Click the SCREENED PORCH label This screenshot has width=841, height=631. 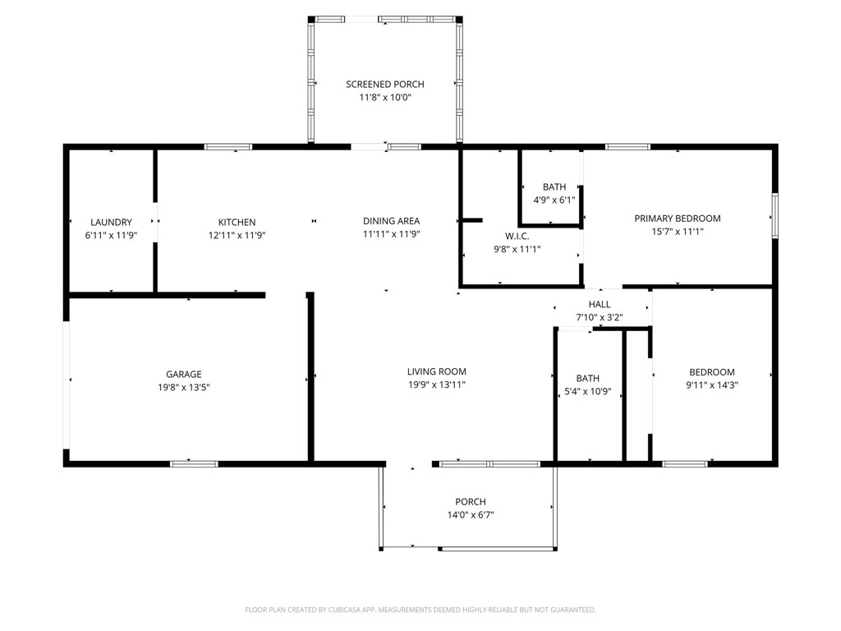(x=385, y=85)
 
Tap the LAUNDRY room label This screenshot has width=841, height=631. (x=111, y=222)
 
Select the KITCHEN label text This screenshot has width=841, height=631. (x=237, y=222)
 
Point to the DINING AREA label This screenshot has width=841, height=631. (x=392, y=221)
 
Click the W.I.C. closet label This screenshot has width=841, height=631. (x=517, y=236)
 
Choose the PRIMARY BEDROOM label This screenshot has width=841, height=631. (x=678, y=219)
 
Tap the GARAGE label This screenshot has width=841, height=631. (x=184, y=375)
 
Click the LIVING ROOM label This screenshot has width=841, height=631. (x=437, y=371)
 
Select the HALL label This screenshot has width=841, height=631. (x=600, y=304)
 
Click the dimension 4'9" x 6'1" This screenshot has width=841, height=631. (x=554, y=200)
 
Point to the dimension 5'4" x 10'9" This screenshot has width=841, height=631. (x=588, y=392)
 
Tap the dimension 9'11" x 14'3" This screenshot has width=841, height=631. (x=712, y=385)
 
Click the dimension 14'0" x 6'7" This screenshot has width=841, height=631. (x=471, y=515)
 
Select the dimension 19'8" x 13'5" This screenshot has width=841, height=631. (x=184, y=388)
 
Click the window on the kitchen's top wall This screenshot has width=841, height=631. (x=228, y=146)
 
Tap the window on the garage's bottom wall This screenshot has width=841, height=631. (x=194, y=463)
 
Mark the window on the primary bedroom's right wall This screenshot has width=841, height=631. (x=775, y=216)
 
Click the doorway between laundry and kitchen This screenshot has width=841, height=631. (x=155, y=222)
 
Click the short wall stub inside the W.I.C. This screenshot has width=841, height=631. (x=472, y=220)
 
